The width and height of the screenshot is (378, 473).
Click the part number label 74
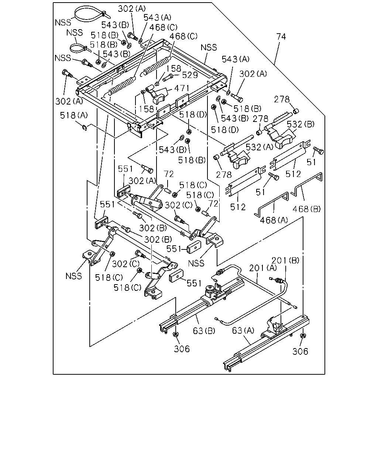[281, 37]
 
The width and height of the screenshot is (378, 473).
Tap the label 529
[190, 75]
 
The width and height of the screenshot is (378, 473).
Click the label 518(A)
[74, 115]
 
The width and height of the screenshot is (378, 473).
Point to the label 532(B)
[301, 125]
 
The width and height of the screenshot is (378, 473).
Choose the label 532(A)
[260, 147]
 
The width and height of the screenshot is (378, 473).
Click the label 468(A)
[274, 220]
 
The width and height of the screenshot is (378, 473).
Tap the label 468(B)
[307, 209]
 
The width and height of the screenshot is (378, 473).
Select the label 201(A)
[263, 268]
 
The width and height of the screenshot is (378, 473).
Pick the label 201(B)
[286, 261]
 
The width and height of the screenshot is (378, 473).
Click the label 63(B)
[204, 331]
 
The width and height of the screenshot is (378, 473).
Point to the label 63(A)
[243, 330]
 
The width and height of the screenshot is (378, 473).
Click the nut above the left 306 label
[175, 334]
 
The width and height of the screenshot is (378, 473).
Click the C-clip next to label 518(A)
[85, 127]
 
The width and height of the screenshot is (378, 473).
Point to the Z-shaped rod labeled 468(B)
[307, 183]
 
